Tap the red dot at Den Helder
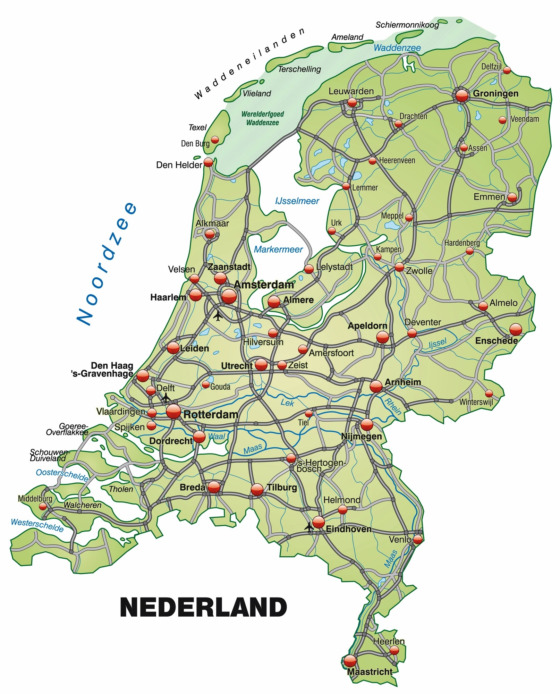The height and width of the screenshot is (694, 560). [208, 162]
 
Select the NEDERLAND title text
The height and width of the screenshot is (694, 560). [203, 607]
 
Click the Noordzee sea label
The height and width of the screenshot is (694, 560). [107, 263]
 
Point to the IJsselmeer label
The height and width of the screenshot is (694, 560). [297, 201]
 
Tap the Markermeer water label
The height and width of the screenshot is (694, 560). [278, 249]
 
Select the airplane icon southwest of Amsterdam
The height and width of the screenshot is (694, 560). [218, 316]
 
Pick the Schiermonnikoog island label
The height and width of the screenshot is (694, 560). [407, 25]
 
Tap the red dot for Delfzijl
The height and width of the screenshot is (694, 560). [507, 70]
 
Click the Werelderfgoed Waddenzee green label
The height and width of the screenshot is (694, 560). [263, 118]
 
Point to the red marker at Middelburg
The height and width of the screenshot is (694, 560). [43, 507]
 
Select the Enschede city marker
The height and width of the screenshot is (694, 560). [516, 329]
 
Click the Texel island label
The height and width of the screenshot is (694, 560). [197, 127]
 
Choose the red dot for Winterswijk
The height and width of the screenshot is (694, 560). [489, 393]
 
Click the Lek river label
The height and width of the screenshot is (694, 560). [287, 403]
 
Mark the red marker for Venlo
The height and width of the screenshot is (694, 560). [418, 539]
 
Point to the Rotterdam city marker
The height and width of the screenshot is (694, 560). [173, 412]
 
